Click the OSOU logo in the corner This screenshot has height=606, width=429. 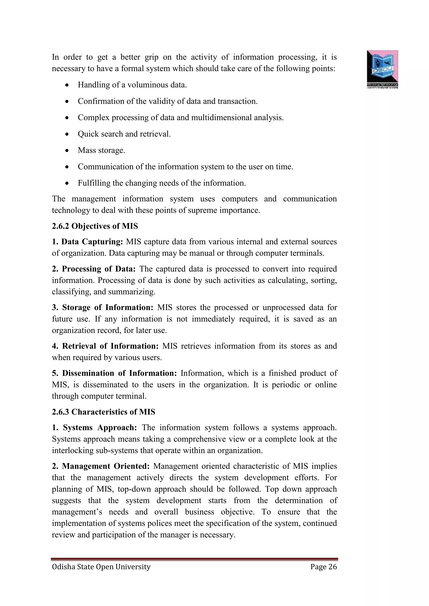coord(382,69)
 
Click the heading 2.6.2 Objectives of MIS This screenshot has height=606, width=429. coord(95,226)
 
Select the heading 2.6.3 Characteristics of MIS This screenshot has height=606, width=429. coord(103,412)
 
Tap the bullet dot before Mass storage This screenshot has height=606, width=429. coord(67,151)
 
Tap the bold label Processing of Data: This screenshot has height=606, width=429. coord(98,269)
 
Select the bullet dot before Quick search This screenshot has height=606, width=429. coord(67,134)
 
